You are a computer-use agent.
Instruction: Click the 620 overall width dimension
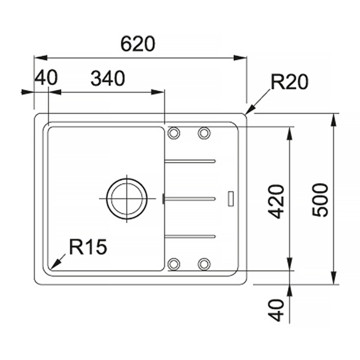[138, 44]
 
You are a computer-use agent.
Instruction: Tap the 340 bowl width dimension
[108, 78]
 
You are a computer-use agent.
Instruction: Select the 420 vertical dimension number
[277, 202]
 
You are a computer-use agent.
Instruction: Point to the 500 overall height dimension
[320, 200]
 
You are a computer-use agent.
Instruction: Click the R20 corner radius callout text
[290, 82]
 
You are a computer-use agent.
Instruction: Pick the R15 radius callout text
[88, 247]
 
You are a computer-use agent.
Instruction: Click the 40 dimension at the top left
[46, 77]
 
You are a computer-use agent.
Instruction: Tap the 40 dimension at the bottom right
[277, 310]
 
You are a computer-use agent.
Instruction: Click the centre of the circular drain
[127, 199]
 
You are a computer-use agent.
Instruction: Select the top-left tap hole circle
[174, 133]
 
